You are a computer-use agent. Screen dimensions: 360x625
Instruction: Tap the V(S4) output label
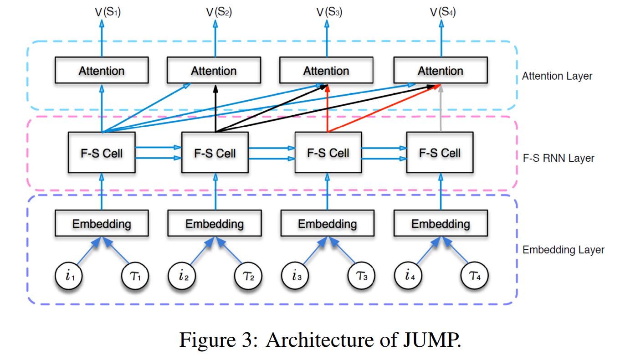[443, 12]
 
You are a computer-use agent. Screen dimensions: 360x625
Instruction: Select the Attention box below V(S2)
[214, 71]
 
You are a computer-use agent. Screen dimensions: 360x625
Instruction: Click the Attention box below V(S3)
[326, 71]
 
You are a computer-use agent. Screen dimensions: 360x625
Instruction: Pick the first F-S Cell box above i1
[102, 153]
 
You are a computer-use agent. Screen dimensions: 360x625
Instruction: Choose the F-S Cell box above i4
[440, 153]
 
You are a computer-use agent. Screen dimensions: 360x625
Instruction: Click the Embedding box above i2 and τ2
[214, 223]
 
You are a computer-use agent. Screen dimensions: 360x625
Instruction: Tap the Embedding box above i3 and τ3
[327, 223]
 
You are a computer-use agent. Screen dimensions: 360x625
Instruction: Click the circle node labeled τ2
[248, 276]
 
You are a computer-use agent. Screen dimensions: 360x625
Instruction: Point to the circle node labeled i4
[407, 276]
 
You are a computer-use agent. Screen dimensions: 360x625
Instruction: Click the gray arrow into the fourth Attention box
[441, 109]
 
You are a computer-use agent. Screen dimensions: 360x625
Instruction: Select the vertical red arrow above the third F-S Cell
[328, 109]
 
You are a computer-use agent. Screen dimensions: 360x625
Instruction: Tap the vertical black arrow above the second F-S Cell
[215, 109]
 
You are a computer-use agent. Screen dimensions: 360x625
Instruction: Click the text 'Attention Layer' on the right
[557, 76]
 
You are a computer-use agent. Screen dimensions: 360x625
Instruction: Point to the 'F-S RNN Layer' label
[558, 159]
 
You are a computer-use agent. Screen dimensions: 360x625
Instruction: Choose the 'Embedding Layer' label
[563, 250]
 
